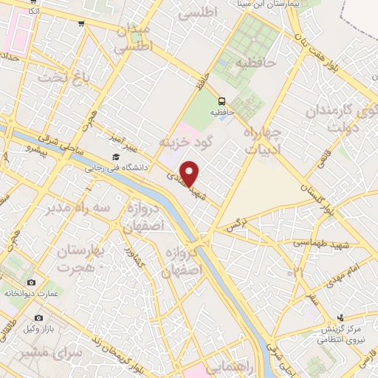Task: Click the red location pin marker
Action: [x=190, y=173]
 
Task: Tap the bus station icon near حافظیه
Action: [x=220, y=100]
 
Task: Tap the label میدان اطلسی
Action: [x=134, y=37]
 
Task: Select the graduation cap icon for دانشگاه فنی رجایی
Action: [x=116, y=157]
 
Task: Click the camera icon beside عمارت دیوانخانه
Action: [x=31, y=283]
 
